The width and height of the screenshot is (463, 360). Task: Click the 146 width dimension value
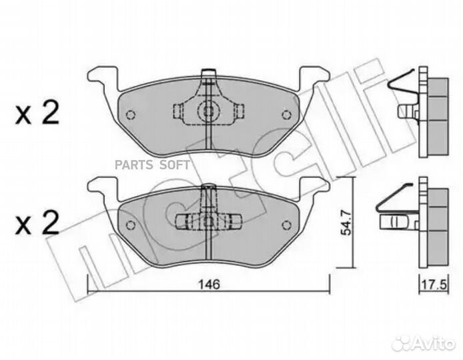click(209, 285)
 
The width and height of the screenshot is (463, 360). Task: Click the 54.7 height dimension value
click(346, 222)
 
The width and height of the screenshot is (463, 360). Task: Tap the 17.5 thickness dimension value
click(434, 285)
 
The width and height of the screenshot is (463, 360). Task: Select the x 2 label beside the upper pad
click(37, 113)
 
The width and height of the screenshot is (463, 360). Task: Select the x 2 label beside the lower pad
click(37, 223)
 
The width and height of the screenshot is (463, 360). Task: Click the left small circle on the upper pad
click(130, 115)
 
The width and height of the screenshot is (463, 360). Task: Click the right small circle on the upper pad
click(286, 115)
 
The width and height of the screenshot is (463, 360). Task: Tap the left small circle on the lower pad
click(130, 225)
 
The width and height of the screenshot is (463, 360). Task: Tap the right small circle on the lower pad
click(286, 225)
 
